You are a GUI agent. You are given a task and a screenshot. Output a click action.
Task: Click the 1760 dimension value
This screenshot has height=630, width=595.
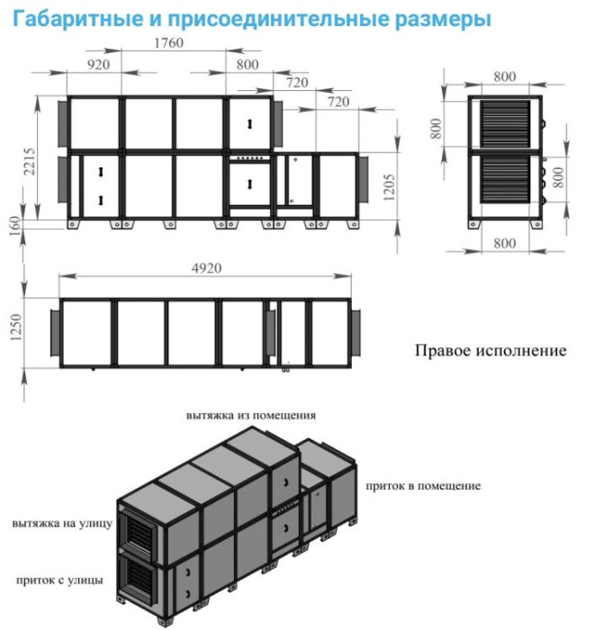(x=168, y=43)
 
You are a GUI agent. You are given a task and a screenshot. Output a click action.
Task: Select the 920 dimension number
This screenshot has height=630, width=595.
(x=98, y=65)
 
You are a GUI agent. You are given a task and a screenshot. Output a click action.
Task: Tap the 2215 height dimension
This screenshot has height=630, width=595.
(x=30, y=161)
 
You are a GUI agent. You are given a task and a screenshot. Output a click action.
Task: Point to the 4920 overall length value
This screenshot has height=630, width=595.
(x=206, y=268)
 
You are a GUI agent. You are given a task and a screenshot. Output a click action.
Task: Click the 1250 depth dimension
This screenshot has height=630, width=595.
(x=16, y=327)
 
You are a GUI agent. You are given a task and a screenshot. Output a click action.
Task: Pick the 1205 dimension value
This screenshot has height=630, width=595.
(x=389, y=187)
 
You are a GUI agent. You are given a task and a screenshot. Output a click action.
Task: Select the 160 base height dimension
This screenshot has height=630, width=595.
(x=14, y=226)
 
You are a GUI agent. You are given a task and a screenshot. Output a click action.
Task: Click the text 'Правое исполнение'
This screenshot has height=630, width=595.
(x=491, y=350)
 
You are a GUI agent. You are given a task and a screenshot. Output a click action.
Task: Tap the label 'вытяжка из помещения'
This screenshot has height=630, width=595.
(x=251, y=415)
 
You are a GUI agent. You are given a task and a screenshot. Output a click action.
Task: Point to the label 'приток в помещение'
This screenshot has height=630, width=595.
(x=423, y=486)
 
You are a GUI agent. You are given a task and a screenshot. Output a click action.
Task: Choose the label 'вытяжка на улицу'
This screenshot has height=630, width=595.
(x=62, y=524)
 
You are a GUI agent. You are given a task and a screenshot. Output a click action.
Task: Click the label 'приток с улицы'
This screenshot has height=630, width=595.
(x=59, y=580)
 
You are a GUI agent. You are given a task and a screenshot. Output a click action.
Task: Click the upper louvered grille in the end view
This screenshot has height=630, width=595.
(x=505, y=124)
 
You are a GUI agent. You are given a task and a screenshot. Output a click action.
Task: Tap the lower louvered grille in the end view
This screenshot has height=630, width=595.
(x=505, y=179)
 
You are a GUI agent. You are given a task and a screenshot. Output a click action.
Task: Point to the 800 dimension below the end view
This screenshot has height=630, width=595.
(x=505, y=244)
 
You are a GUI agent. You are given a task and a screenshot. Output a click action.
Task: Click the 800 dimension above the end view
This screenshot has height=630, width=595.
(x=505, y=76)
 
